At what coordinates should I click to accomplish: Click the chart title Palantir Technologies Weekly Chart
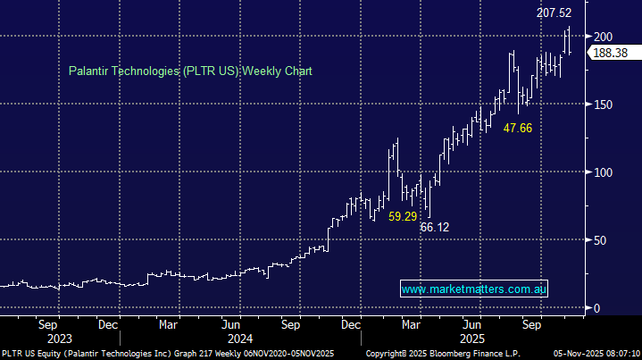pos(190,71)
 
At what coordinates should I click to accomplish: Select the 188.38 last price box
pos(612,53)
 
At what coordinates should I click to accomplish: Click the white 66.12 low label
pos(434,228)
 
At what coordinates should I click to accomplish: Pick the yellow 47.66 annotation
pos(518,129)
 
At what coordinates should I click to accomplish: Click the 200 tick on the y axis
pos(604,36)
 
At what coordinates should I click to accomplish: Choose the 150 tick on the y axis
pos(604,104)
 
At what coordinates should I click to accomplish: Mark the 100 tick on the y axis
pos(604,172)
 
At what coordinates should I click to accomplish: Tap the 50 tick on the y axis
pos(601,239)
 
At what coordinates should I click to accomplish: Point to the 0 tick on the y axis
pos(597,308)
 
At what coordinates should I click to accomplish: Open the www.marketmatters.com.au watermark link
pos(474,289)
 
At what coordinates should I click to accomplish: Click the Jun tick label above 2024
pos(230,326)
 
